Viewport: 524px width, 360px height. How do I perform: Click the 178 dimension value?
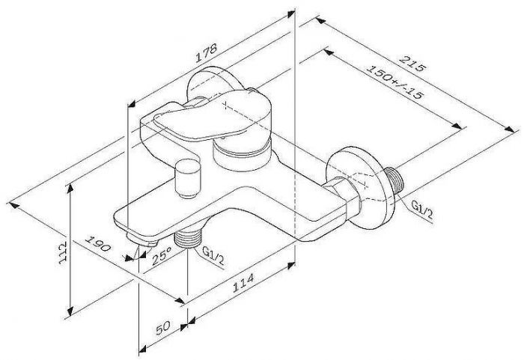point(207,52)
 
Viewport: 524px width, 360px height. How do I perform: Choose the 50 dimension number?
point(162,326)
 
